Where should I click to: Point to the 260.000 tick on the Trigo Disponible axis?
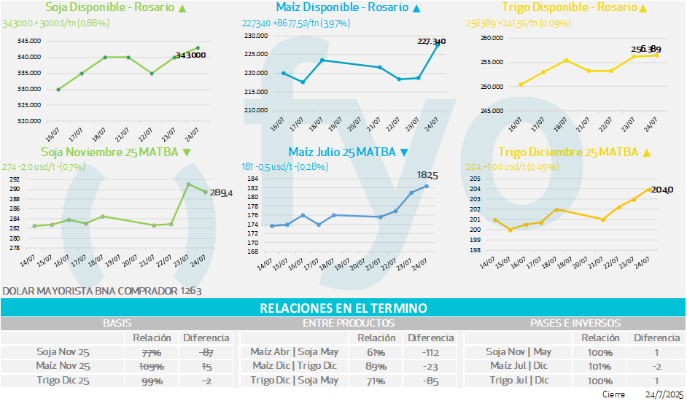[493, 37]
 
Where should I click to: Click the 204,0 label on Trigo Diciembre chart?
[661, 190]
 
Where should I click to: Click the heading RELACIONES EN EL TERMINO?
[343, 309]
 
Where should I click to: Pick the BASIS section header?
[117, 322]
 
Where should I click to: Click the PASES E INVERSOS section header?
[575, 322]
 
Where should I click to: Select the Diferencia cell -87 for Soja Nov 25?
[206, 351]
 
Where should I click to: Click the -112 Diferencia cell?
[431, 351]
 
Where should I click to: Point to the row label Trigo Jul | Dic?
[519, 379]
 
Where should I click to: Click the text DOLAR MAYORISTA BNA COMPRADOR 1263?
[102, 291]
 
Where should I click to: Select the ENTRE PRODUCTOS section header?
[348, 322]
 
